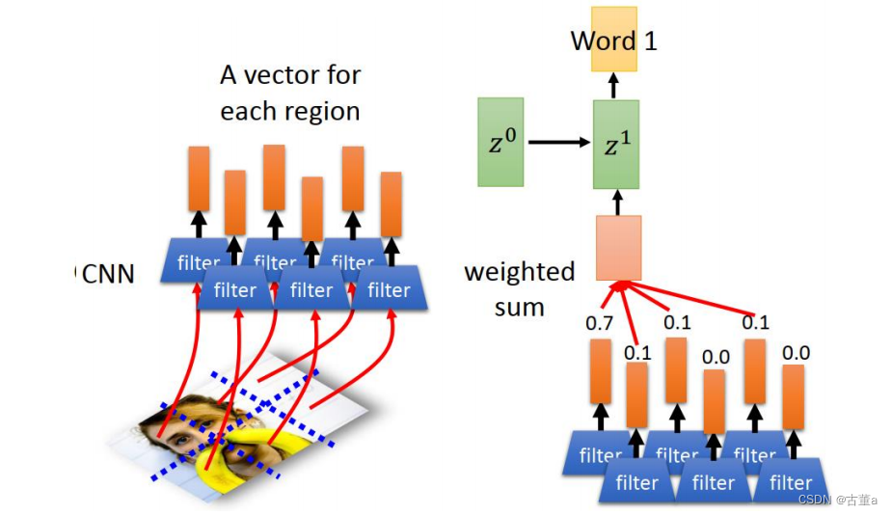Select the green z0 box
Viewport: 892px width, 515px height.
(500, 142)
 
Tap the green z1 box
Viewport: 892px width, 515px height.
(615, 145)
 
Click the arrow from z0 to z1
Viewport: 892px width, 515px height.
(558, 143)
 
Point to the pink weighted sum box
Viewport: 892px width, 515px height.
(618, 248)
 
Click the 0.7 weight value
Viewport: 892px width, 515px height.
(599, 323)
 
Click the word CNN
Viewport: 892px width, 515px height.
(108, 275)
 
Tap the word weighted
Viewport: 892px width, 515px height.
(520, 272)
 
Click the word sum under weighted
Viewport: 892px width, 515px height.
(520, 308)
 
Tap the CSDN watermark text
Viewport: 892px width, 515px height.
(815, 500)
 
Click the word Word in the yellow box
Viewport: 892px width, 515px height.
(604, 41)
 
